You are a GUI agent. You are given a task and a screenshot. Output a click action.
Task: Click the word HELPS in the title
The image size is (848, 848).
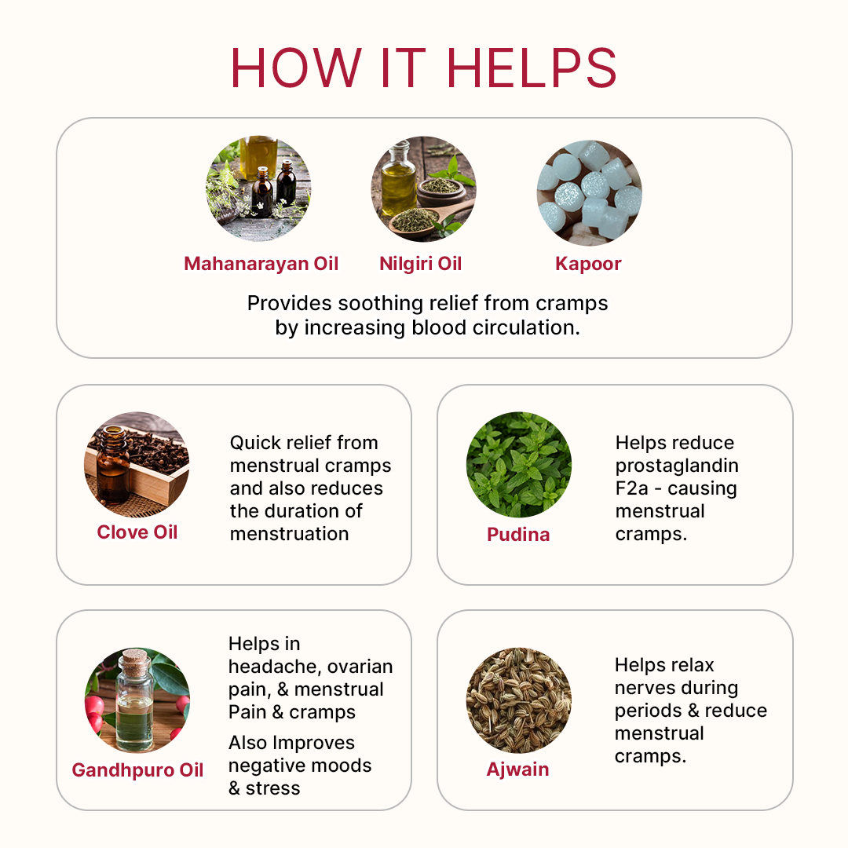tap(531, 68)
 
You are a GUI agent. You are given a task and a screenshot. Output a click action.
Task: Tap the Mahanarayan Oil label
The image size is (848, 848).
tap(261, 263)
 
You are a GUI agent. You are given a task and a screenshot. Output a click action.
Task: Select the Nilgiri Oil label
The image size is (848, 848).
tap(421, 263)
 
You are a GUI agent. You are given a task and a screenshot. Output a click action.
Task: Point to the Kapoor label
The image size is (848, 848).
tap(588, 264)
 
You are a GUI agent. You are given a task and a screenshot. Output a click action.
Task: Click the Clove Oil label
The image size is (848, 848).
tap(137, 532)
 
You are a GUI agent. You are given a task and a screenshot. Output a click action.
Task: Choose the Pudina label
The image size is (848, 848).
tap(518, 535)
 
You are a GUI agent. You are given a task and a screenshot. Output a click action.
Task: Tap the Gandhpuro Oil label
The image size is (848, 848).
tap(137, 770)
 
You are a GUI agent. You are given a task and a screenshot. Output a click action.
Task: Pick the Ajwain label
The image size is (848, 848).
tap(517, 769)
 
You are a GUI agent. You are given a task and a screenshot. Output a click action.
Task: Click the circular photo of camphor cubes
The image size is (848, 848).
tap(589, 192)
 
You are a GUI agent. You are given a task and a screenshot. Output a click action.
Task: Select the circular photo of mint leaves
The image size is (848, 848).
tap(519, 465)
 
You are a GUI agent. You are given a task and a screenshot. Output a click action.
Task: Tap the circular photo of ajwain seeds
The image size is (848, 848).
tap(519, 700)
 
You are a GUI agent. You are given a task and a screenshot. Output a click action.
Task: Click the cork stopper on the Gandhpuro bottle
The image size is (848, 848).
tap(134, 663)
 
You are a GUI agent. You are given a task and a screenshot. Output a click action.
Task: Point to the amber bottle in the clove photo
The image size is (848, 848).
tap(112, 465)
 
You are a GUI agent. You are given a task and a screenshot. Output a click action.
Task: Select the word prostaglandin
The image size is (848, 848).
tap(677, 466)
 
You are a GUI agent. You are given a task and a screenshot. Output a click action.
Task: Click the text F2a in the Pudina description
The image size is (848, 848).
tap(631, 488)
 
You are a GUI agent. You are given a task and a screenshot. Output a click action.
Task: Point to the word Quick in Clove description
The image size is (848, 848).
tap(254, 443)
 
